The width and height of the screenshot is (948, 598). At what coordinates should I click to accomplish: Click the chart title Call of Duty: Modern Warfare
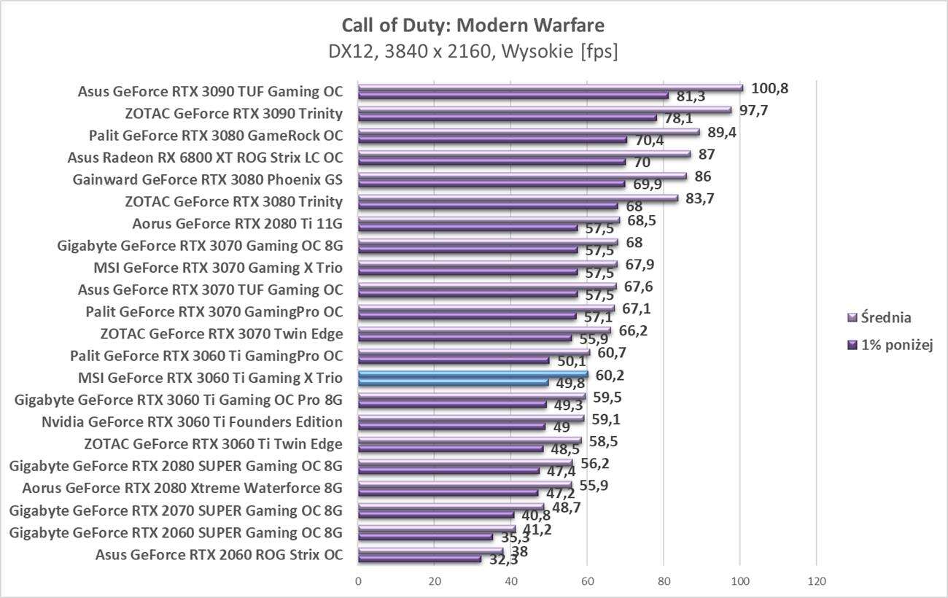coord(473,26)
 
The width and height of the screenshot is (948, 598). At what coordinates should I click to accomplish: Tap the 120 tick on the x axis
coord(817,581)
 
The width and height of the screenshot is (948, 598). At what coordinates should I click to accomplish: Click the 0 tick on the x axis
coord(358,581)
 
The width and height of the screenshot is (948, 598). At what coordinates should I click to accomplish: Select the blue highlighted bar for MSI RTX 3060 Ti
coord(473,373)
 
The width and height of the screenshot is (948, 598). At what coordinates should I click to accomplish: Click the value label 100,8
coord(770,89)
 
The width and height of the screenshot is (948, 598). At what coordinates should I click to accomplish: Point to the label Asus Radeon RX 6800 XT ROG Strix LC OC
coord(205,158)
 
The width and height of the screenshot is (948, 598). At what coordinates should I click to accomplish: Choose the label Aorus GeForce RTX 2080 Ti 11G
coord(238,223)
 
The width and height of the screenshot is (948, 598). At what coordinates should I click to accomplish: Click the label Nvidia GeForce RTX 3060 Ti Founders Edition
coord(192,422)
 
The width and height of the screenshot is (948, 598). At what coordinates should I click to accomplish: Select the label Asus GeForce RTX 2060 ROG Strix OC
coord(219,554)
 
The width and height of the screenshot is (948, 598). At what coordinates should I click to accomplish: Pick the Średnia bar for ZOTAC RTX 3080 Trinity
coord(518,197)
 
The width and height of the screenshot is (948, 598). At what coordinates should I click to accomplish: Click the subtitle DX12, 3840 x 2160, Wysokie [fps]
coord(473,52)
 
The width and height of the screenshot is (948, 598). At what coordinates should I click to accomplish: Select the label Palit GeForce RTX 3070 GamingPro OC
coord(214,312)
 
